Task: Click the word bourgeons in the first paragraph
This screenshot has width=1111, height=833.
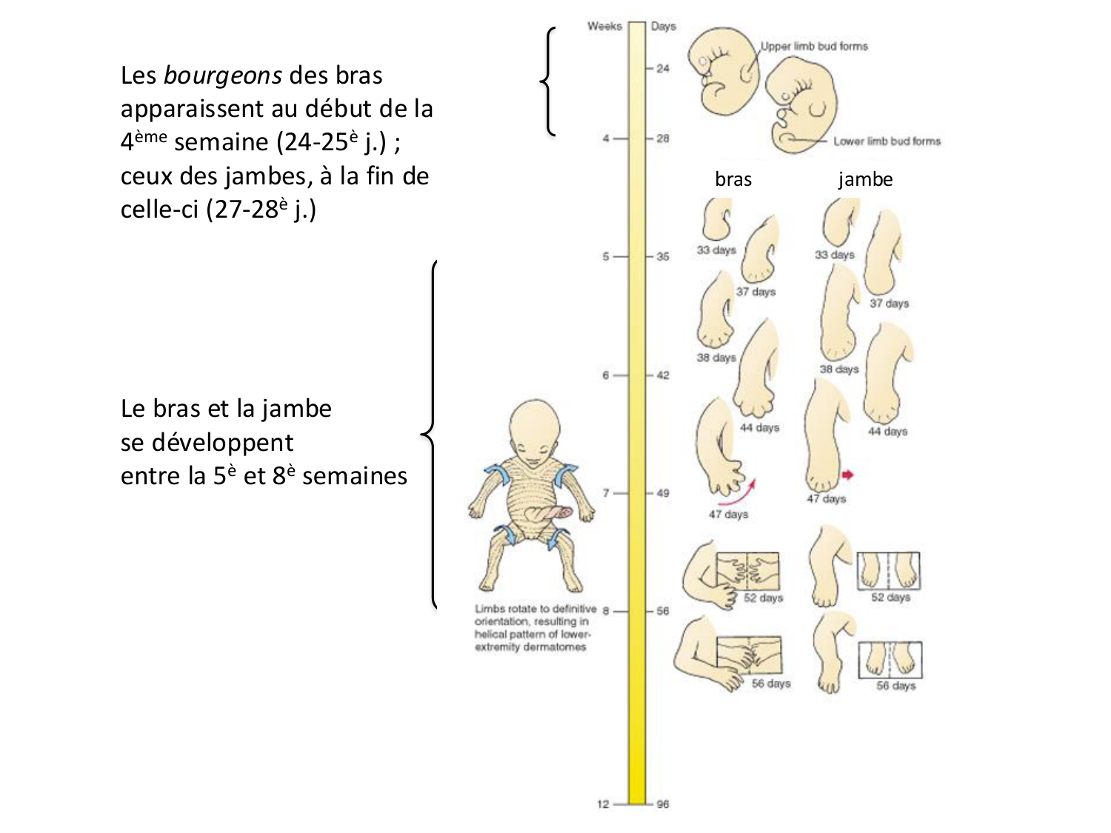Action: coord(222,76)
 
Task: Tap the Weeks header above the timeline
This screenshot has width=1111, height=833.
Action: coord(604,27)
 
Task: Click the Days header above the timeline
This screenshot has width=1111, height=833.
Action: coord(663,27)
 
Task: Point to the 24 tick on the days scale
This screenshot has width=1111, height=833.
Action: coord(661,69)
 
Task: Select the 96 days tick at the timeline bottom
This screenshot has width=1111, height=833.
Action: coord(662,804)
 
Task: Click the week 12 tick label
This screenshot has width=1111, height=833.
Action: coord(603,804)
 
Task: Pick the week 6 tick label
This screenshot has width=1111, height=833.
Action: coord(605,375)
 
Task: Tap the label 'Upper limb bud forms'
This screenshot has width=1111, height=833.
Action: coord(814,47)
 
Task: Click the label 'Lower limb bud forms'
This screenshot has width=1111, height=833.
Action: coord(887,141)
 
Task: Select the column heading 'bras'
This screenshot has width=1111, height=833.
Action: coord(733,179)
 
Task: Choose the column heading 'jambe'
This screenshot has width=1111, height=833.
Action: coord(865,179)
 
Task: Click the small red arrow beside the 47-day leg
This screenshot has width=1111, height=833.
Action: coord(847,475)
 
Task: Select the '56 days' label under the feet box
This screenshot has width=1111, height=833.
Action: coord(895,686)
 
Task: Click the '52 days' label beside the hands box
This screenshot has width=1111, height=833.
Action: coord(763,598)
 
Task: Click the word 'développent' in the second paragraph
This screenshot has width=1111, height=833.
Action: coord(207,443)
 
